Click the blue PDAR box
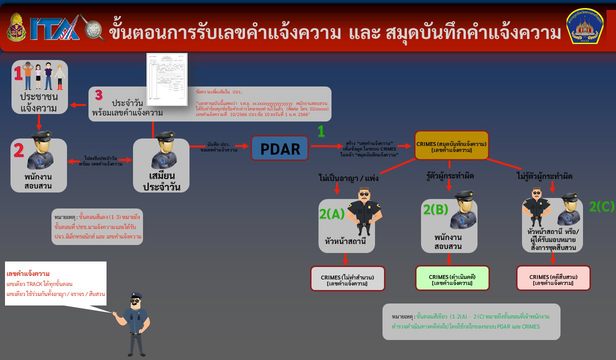[280, 148]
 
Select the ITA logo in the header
[55, 28]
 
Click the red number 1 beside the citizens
[18, 74]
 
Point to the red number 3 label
[98, 94]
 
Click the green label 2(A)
[332, 213]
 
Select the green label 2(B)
[435, 209]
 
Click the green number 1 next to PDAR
[321, 131]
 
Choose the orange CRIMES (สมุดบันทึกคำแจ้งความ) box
[451, 146]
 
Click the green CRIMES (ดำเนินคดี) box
[452, 278]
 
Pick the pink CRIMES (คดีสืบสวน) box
[553, 278]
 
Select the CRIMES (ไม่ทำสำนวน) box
[347, 278]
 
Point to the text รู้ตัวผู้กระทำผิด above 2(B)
[450, 176]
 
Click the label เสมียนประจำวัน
[160, 182]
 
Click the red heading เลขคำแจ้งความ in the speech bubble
[28, 273]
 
